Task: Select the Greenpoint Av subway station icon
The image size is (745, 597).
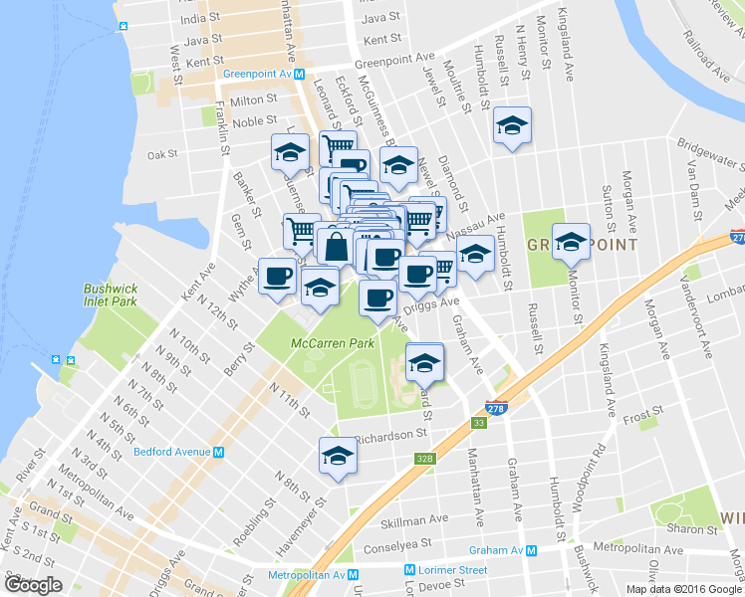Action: click(x=311, y=73)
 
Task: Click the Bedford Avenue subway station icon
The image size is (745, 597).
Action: click(x=218, y=451)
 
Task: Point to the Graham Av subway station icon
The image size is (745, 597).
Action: click(x=532, y=550)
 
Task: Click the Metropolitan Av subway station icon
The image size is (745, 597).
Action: click(x=353, y=575)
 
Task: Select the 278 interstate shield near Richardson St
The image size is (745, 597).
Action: click(x=496, y=409)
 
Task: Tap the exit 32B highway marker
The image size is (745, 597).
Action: click(x=425, y=459)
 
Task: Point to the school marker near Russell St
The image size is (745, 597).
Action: click(x=512, y=126)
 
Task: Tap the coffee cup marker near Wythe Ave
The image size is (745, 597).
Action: click(x=277, y=276)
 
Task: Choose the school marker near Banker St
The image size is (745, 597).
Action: click(x=289, y=152)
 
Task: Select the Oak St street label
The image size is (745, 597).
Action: click(x=161, y=154)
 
